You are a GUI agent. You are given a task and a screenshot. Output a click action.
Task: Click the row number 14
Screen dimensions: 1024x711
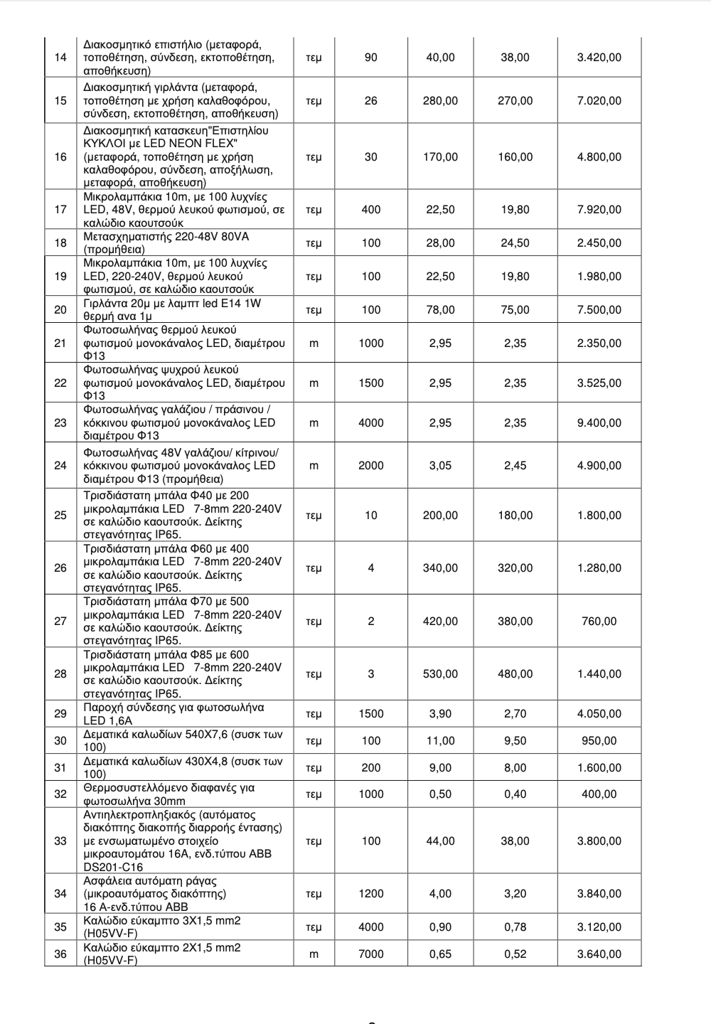tap(60, 58)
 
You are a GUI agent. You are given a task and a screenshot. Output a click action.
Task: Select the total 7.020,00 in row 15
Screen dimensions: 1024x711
tap(599, 101)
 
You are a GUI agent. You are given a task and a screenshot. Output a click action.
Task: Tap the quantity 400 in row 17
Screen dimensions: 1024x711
tap(370, 210)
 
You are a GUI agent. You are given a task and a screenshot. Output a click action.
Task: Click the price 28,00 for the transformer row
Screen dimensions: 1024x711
tap(440, 243)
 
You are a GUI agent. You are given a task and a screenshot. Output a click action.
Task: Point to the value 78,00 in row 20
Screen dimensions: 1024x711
tap(440, 310)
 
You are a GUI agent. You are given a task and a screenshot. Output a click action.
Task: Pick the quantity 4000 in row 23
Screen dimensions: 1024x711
tap(370, 423)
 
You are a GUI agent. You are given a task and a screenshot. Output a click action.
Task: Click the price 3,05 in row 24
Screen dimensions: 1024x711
tap(440, 466)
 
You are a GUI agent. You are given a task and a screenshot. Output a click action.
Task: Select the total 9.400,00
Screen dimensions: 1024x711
tap(599, 423)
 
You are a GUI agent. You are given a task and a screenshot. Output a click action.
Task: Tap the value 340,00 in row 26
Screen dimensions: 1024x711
tap(440, 568)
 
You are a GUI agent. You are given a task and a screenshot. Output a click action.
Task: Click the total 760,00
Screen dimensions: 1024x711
tap(599, 622)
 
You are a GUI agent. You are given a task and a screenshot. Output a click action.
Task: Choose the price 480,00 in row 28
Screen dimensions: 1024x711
tap(515, 674)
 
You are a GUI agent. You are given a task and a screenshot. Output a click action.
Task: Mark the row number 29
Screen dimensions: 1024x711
tap(60, 714)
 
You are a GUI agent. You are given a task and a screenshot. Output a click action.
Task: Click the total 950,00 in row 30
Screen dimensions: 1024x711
tap(599, 741)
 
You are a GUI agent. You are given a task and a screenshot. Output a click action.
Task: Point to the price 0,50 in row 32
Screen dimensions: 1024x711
tap(440, 794)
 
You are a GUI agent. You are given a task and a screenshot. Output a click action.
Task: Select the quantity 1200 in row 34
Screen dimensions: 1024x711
tap(370, 894)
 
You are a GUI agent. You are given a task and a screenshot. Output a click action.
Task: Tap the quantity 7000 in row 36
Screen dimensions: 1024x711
tap(370, 954)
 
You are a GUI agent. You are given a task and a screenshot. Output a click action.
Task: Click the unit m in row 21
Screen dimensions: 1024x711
tap(314, 343)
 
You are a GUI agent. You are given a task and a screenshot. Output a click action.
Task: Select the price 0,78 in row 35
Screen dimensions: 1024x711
tap(515, 927)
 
